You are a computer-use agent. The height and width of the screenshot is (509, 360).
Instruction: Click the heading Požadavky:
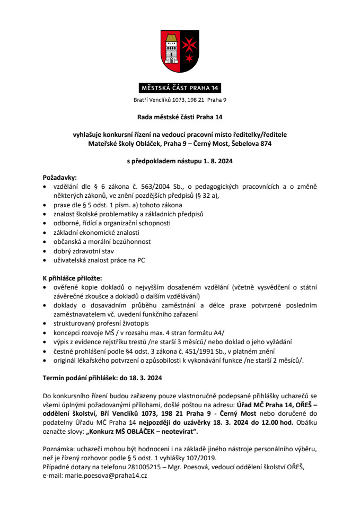click(59, 178)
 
